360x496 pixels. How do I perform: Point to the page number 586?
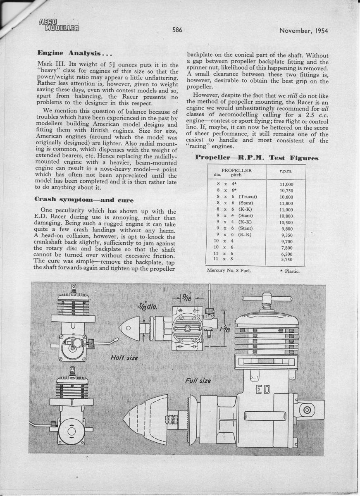178,30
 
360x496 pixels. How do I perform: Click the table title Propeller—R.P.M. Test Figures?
257,158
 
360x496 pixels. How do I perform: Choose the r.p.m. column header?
286,170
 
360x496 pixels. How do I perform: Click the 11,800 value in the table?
286,203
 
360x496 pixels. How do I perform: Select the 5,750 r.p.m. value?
286,259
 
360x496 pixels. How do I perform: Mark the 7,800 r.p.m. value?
286,247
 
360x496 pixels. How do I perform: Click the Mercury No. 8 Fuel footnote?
229,271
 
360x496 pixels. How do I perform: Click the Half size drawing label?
124,357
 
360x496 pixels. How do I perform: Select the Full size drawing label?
200,379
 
